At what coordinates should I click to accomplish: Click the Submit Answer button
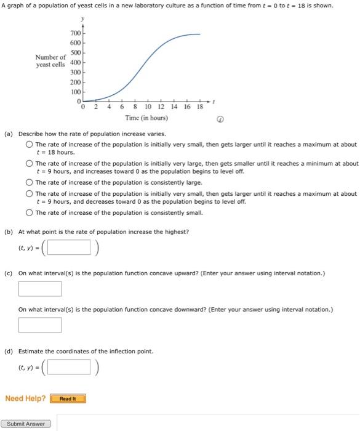coord(26,424)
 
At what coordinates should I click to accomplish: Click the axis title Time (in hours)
coord(146,118)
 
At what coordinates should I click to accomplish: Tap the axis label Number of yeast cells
coord(50,62)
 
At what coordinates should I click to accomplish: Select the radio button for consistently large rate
coord(29,183)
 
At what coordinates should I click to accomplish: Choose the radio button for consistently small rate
coord(29,212)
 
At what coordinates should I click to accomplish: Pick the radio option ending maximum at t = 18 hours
coord(29,145)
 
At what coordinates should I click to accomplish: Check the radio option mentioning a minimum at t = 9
coord(29,164)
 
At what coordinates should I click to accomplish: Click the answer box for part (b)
coord(70,249)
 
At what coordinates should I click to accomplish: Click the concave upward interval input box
coord(40,289)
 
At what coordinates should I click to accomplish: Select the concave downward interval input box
coord(40,324)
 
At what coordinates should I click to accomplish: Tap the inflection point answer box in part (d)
coord(70,368)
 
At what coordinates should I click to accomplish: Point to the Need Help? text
coord(25,398)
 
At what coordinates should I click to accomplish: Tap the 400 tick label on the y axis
coord(75,63)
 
